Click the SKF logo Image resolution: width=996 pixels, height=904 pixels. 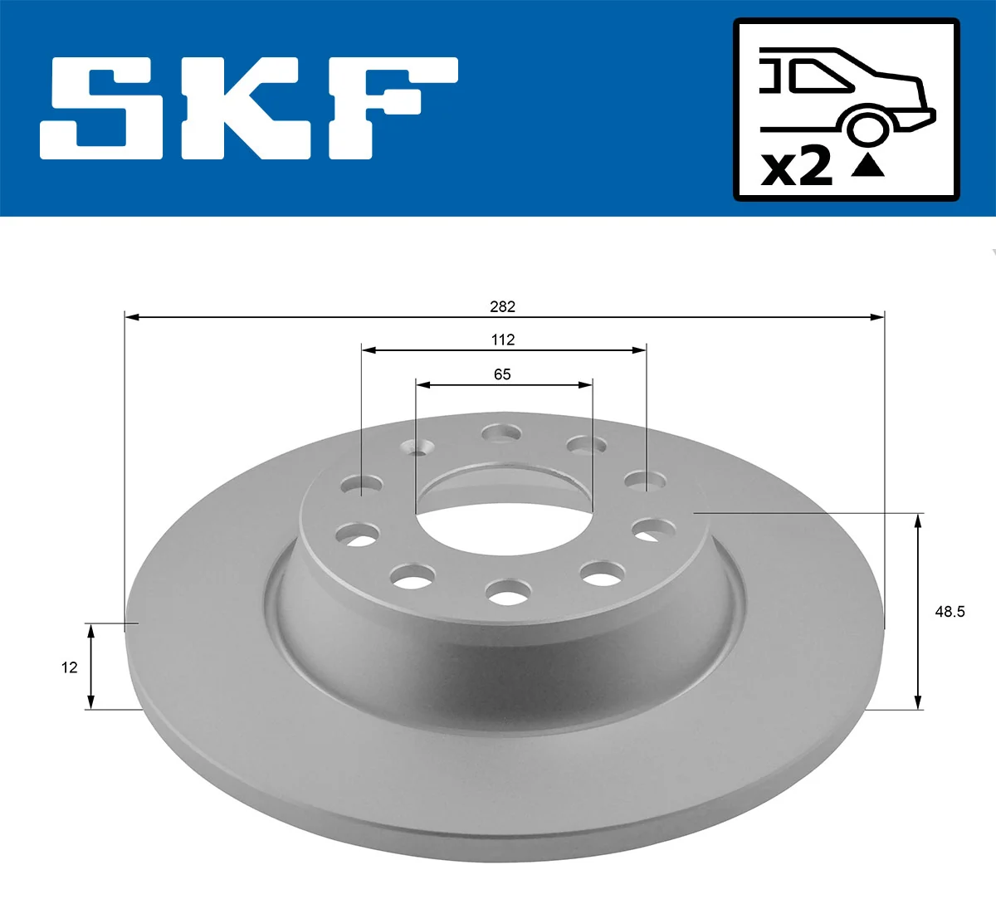(249, 108)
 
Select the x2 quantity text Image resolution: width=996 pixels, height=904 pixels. (797, 167)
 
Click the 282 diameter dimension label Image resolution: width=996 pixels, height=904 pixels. (502, 306)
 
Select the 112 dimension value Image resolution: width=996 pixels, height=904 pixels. (502, 340)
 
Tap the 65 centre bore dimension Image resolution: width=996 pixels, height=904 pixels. (502, 374)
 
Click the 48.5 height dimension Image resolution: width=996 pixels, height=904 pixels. (950, 612)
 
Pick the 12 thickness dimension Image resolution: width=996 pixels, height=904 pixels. (69, 667)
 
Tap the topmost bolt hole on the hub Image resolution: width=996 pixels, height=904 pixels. (501, 432)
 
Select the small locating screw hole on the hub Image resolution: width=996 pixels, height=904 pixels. (420, 449)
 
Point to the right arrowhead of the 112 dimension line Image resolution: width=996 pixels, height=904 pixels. (640, 350)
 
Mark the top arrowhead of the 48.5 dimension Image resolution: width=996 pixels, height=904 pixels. (918, 520)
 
